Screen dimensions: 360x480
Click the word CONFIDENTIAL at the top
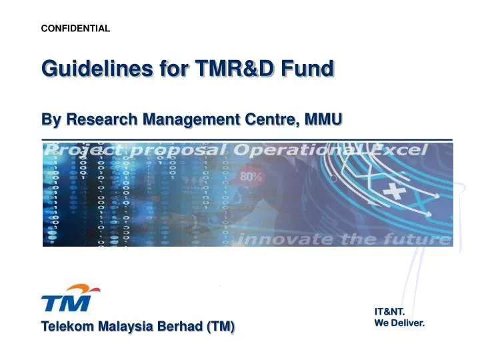75,29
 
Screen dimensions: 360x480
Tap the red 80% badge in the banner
251,177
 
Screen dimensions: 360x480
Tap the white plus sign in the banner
398,192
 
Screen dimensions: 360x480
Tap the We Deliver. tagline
399,323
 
